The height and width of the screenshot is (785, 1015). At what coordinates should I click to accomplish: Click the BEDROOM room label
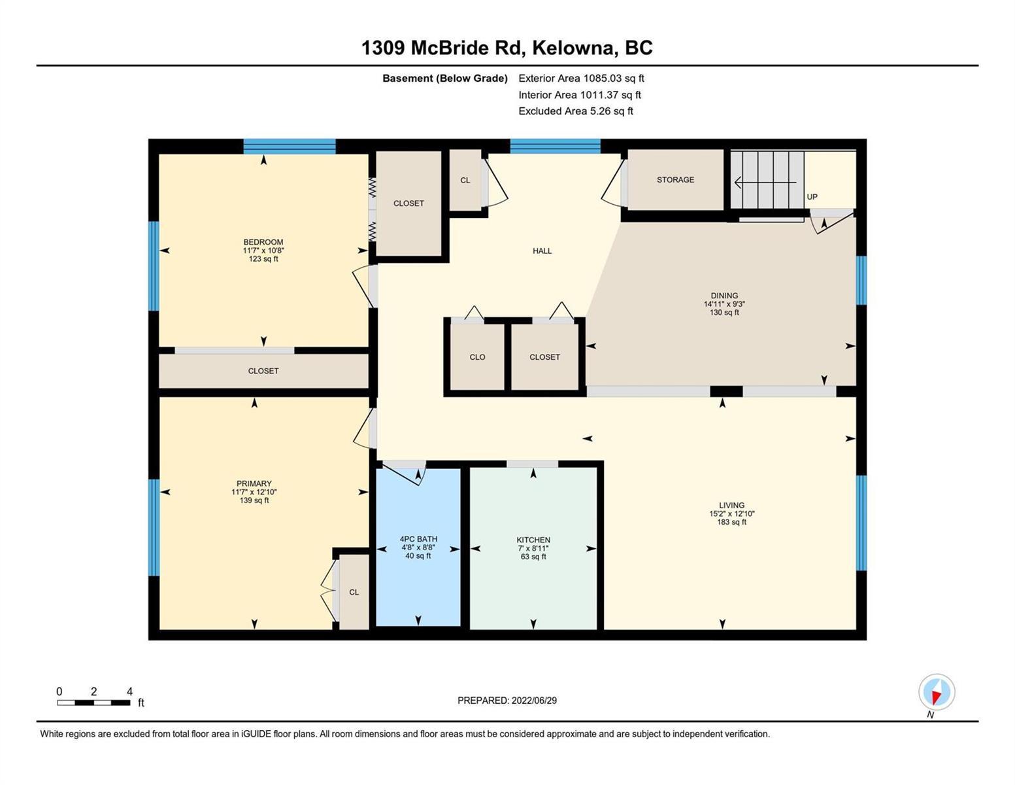click(x=263, y=242)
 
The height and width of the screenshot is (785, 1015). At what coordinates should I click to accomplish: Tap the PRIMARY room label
click(x=254, y=483)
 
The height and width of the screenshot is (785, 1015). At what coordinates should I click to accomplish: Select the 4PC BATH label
click(x=418, y=539)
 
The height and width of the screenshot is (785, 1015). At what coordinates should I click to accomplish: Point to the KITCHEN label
click(x=533, y=540)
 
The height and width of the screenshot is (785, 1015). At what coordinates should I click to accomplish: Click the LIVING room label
click(x=732, y=506)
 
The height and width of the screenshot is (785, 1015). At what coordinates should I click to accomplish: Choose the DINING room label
click(x=724, y=296)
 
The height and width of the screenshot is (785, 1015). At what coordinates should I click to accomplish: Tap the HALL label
click(x=542, y=251)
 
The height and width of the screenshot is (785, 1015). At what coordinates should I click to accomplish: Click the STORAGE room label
click(x=675, y=179)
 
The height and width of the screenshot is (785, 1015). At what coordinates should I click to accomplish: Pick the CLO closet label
click(x=477, y=357)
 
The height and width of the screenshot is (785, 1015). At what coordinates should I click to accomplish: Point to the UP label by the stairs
click(x=812, y=197)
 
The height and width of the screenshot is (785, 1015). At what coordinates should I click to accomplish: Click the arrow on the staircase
click(x=765, y=183)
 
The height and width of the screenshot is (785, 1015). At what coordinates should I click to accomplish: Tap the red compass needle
click(x=936, y=697)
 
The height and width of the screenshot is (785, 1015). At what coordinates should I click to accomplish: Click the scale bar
click(x=93, y=703)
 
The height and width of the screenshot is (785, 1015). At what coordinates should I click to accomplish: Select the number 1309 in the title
click(x=383, y=48)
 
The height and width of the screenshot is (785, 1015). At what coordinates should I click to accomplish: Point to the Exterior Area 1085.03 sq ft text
click(x=581, y=78)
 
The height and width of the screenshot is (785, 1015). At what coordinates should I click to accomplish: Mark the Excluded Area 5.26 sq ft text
click(x=575, y=111)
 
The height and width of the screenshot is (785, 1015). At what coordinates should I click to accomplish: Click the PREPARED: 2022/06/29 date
click(x=507, y=701)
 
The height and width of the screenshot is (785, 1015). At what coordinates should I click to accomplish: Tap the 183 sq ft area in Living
click(x=732, y=522)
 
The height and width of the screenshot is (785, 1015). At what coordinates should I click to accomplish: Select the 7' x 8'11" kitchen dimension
click(x=533, y=548)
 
